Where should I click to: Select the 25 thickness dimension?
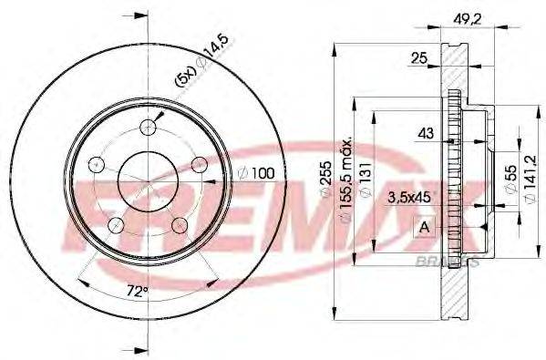coord(418,59)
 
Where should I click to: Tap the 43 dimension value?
coord(425,134)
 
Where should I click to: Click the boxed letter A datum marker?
coord(425,227)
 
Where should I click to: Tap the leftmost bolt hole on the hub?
coord(95,164)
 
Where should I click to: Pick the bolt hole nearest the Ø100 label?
coord(196,163)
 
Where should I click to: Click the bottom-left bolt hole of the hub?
coord(115,223)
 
